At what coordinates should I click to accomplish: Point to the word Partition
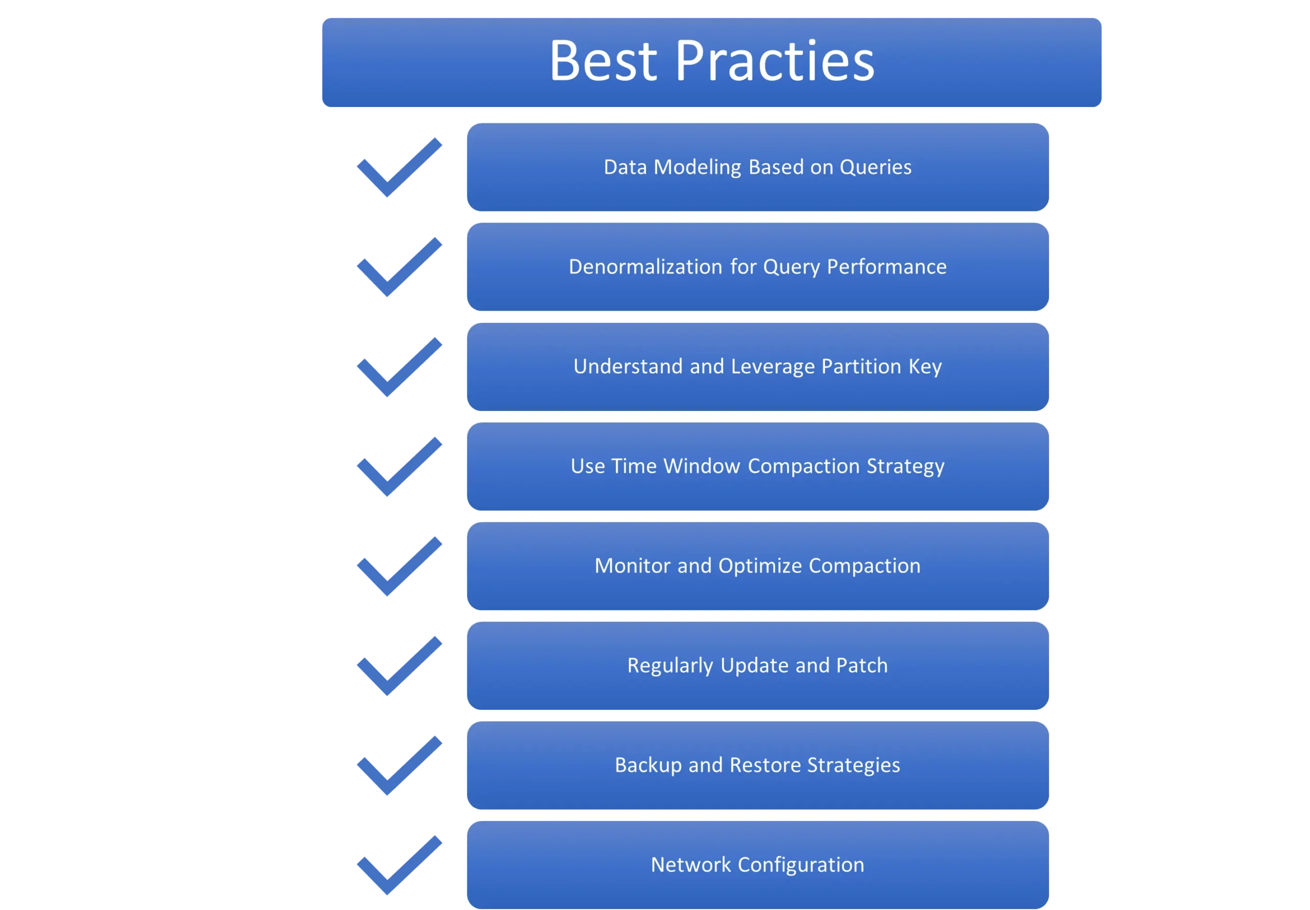pos(861,366)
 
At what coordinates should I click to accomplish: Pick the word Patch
pos(862,665)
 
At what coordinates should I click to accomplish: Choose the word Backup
pos(648,766)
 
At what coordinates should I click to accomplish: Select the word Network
pos(691,865)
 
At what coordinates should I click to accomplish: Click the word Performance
pos(886,267)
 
